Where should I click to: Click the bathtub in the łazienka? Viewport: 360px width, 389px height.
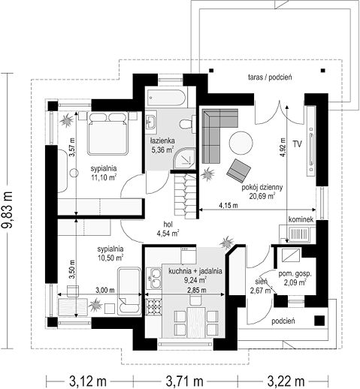pyautogui.click(x=166, y=98)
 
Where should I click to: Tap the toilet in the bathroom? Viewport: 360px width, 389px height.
pyautogui.click(x=188, y=124)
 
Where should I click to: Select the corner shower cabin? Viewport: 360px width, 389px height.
pyautogui.click(x=185, y=158)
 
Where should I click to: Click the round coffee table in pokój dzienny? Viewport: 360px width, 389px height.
pyautogui.click(x=241, y=143)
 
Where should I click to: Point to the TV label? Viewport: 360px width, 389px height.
pyautogui.click(x=298, y=144)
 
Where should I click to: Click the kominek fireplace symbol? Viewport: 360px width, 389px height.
pyautogui.click(x=299, y=235)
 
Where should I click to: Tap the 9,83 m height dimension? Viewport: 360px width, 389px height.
pyautogui.click(x=7, y=210)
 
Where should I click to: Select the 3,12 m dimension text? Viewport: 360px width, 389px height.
pyautogui.click(x=88, y=381)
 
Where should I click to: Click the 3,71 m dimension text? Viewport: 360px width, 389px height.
pyautogui.click(x=184, y=381)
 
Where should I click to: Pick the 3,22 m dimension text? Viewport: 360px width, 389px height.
pyautogui.click(x=286, y=381)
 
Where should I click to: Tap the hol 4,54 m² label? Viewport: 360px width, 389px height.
pyautogui.click(x=168, y=229)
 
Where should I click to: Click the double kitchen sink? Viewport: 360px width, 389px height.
pyautogui.click(x=154, y=279)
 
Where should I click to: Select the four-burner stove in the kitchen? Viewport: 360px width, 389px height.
pyautogui.click(x=153, y=306)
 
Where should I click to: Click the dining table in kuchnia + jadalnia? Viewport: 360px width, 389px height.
pyautogui.click(x=196, y=323)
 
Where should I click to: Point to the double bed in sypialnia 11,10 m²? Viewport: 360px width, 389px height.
pyautogui.click(x=107, y=133)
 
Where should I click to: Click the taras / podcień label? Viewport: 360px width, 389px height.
pyautogui.click(x=270, y=77)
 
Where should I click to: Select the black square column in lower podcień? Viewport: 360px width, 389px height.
pyautogui.click(x=319, y=321)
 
